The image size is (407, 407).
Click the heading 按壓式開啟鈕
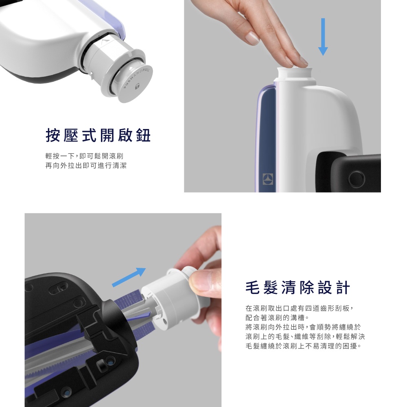(98, 135)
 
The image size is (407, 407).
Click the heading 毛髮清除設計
(298, 288)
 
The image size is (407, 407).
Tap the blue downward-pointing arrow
(323, 37)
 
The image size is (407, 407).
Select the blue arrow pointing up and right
(129, 277)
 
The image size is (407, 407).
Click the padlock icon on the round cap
(137, 86)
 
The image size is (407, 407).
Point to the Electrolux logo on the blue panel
(268, 179)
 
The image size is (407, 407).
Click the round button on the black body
(357, 179)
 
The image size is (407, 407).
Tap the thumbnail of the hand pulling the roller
(123, 310)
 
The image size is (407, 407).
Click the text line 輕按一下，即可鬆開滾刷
(84, 156)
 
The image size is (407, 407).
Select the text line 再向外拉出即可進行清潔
(86, 166)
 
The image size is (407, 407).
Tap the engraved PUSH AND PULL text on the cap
(137, 78)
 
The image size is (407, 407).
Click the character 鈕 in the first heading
(144, 135)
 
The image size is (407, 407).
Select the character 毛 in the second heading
(253, 288)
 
